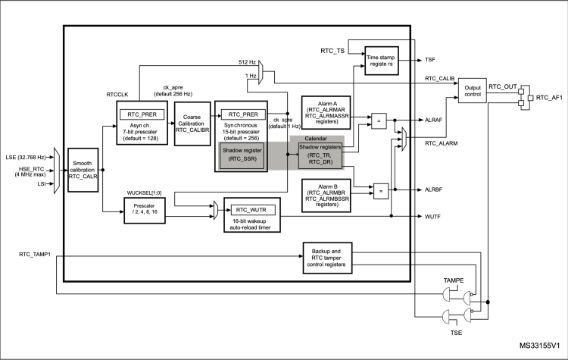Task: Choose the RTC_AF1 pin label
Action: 549,97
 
